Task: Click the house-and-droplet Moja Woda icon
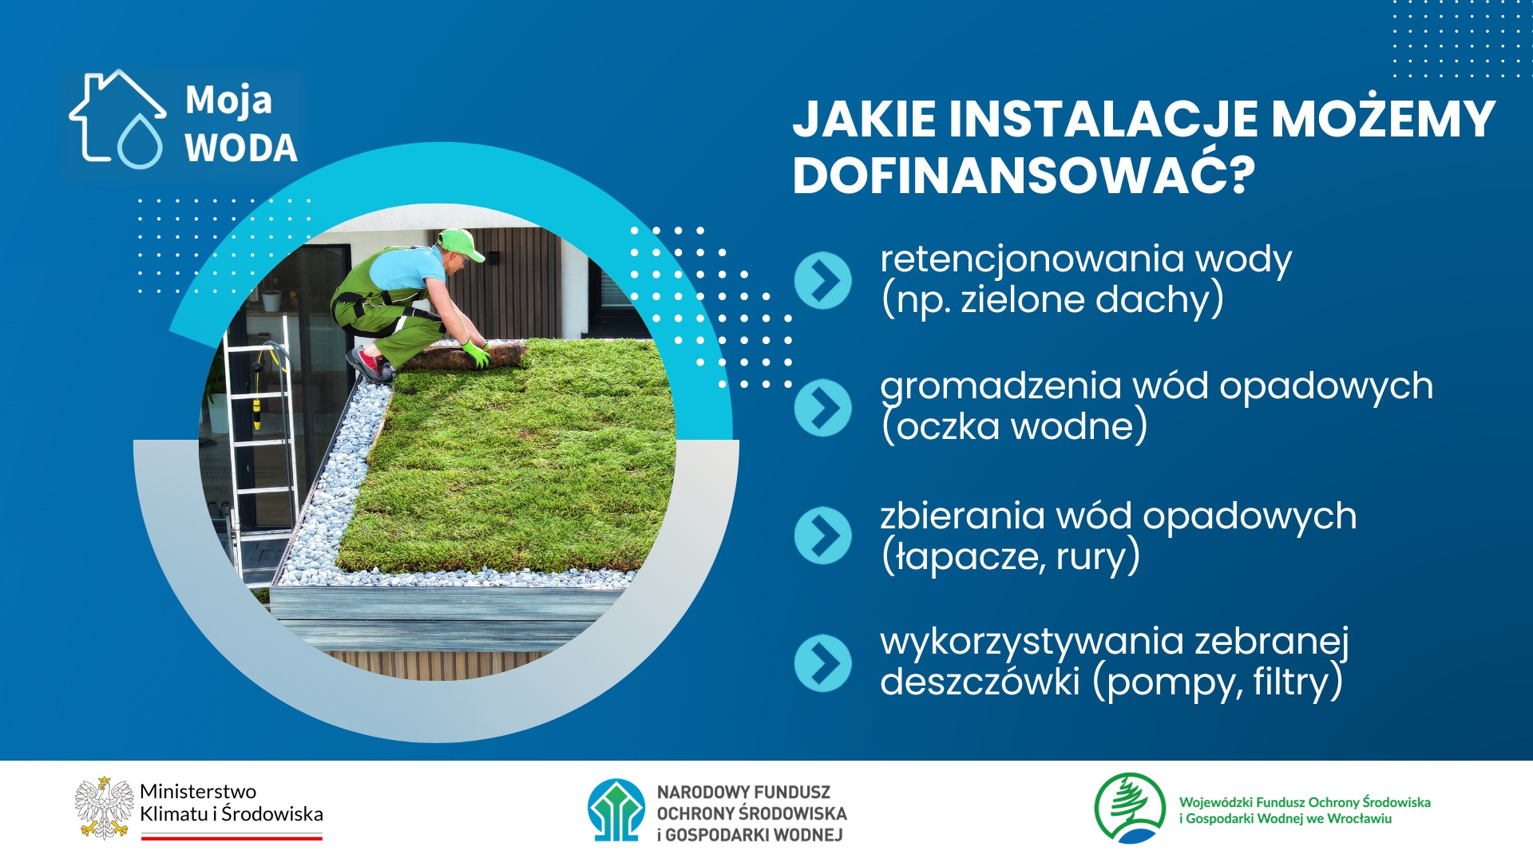click(x=117, y=119)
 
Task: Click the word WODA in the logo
click(x=241, y=148)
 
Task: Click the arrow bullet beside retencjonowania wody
click(x=823, y=280)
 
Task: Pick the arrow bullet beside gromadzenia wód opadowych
click(x=823, y=408)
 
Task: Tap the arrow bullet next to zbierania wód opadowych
click(x=823, y=536)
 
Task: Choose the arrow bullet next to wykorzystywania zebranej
click(x=823, y=663)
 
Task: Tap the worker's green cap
click(x=460, y=243)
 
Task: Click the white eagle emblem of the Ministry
click(x=104, y=808)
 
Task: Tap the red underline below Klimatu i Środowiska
click(x=232, y=837)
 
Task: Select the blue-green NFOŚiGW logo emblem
click(x=616, y=810)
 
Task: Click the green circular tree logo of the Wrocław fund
click(x=1130, y=809)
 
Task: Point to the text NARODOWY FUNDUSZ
click(x=743, y=793)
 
